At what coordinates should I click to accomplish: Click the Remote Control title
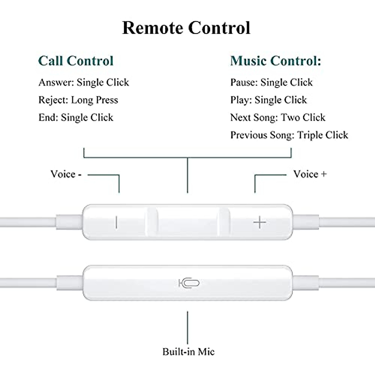186,28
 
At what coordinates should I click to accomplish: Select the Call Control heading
76,61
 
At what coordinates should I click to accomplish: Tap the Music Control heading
275,61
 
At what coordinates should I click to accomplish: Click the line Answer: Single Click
83,82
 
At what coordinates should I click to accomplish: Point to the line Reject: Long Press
78,100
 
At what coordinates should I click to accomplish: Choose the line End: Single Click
76,117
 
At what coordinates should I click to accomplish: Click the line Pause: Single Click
271,82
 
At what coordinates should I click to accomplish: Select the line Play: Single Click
268,100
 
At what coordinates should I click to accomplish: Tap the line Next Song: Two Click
277,117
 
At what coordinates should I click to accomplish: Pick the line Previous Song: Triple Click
289,135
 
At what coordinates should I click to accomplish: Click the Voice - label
66,174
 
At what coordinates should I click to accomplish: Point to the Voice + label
310,174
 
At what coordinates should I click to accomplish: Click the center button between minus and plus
187,222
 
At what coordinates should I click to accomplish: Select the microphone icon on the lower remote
189,283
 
